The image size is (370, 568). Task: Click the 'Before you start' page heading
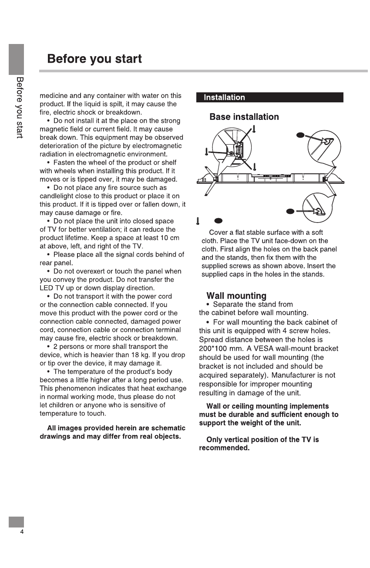click(94, 59)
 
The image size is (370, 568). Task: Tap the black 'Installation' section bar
click(225, 98)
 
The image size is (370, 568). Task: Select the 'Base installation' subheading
click(244, 117)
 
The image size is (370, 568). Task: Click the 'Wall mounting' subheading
click(236, 296)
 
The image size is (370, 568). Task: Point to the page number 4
click(21, 533)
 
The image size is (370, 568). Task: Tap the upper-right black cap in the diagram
click(299, 135)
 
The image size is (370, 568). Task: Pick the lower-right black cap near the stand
click(290, 211)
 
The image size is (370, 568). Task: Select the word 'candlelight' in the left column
click(57, 196)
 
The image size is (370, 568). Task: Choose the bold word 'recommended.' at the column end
click(224, 448)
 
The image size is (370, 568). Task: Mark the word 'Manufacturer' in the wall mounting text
click(308, 375)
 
